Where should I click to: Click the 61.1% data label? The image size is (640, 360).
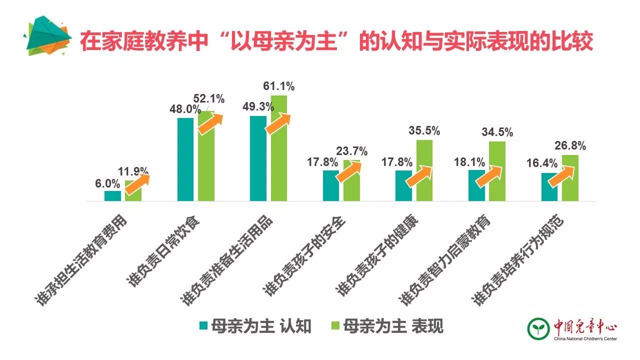[x=278, y=86]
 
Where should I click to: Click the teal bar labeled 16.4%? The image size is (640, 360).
[x=549, y=187]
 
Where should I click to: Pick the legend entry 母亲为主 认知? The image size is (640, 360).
[x=255, y=326]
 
